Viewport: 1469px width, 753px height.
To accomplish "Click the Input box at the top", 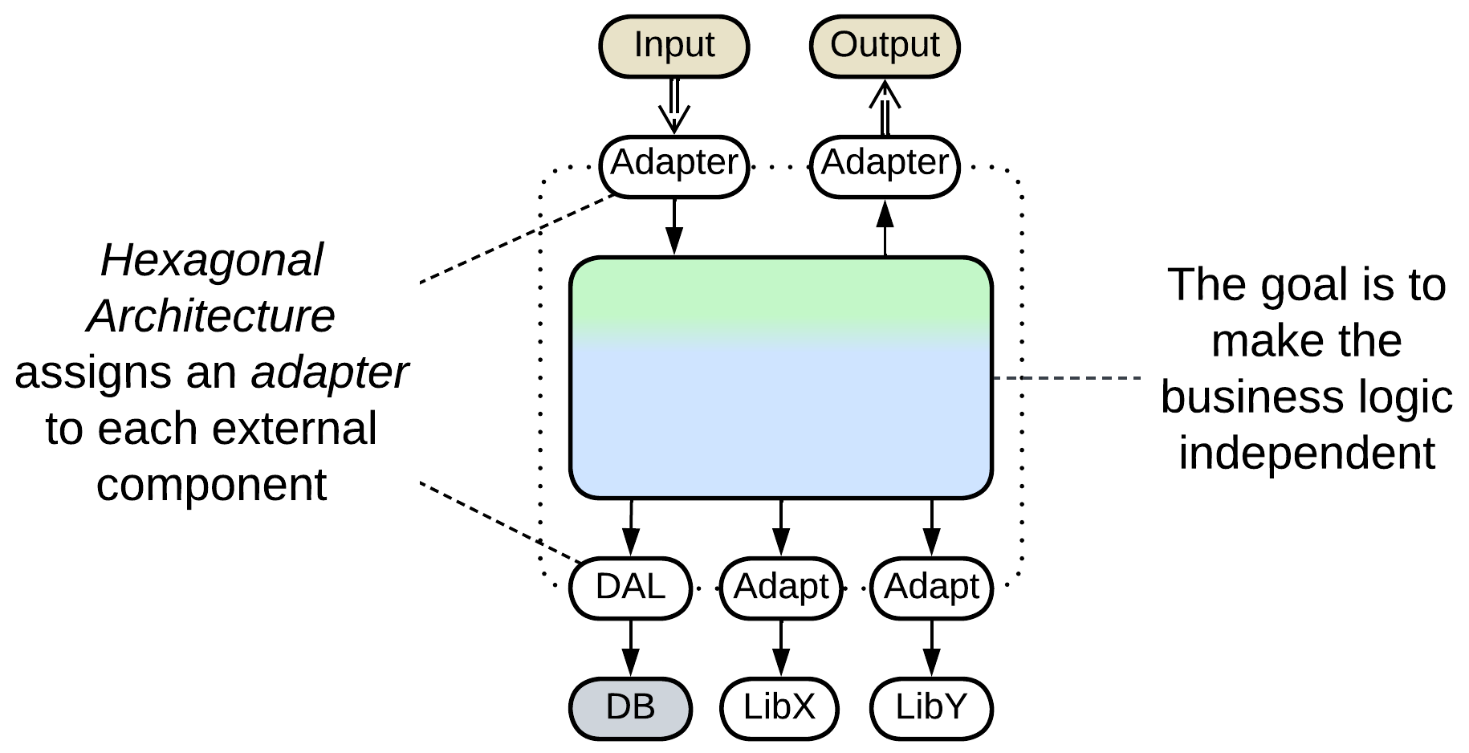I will click(x=673, y=46).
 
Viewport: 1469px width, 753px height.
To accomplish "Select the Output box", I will click(x=885, y=46).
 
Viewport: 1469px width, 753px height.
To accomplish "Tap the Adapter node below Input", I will click(x=673, y=165).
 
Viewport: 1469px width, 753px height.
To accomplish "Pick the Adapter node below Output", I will click(x=885, y=165).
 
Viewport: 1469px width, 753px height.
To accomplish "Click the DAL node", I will click(x=630, y=588).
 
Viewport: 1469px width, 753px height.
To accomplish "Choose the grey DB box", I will click(x=630, y=708).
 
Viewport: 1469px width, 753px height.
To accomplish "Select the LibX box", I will click(x=779, y=708).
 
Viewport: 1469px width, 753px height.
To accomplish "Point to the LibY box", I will click(x=931, y=708).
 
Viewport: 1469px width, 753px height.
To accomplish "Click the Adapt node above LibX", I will click(x=781, y=588).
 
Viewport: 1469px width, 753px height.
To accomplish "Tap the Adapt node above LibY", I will click(x=931, y=588).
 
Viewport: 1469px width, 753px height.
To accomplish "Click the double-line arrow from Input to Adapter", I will click(x=674, y=106).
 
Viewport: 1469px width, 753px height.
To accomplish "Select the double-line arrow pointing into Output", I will click(x=885, y=107).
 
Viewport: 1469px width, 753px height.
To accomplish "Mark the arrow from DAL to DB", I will click(x=630, y=648).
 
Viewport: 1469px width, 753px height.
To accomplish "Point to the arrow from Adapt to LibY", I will click(x=931, y=648).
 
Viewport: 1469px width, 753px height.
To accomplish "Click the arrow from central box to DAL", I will click(x=631, y=527).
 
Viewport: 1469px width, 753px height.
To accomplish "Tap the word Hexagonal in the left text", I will click(x=212, y=260).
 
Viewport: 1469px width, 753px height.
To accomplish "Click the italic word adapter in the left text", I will click(x=330, y=372).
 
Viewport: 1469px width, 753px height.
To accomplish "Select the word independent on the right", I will click(x=1306, y=453).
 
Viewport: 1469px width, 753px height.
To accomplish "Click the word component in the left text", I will click(x=211, y=485).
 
